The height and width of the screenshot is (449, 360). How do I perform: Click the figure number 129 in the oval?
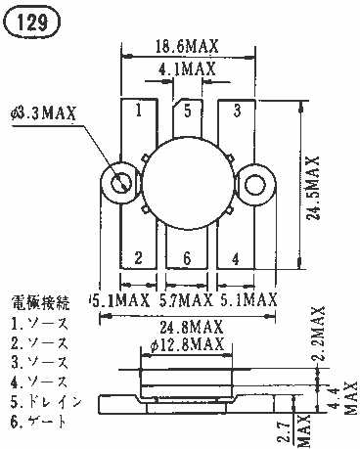point(32,22)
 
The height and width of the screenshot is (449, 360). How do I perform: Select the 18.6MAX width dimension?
point(187,46)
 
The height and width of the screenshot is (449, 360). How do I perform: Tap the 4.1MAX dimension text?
point(187,68)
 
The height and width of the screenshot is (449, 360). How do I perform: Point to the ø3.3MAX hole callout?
point(43,113)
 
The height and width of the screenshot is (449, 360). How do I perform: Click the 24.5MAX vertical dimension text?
point(313,189)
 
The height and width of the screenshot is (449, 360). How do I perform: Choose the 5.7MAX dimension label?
point(186,299)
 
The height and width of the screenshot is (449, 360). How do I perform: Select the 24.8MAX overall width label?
point(191,327)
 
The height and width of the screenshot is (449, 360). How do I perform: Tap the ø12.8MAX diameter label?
point(188,344)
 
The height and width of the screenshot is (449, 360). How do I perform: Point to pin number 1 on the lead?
point(139,111)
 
